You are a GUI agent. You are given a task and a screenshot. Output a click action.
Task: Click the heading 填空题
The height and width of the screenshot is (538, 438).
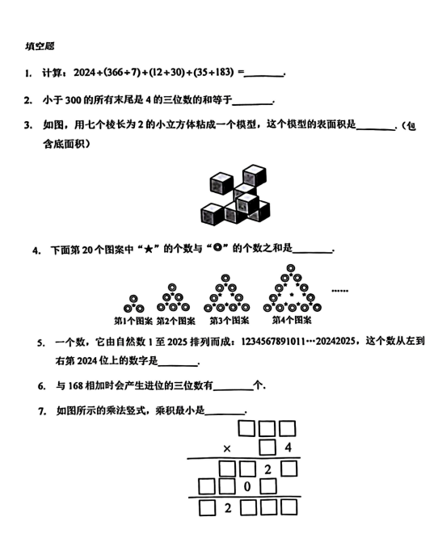pos(40,48)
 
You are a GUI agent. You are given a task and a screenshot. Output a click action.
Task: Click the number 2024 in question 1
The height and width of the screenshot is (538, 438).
pos(84,74)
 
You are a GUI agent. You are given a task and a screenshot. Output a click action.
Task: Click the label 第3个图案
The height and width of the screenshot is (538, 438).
pos(225,319)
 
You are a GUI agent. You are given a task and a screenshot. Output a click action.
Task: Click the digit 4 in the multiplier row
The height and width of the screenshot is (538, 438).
pos(288,446)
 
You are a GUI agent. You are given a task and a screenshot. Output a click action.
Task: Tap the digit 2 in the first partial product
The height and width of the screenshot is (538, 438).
pos(267,467)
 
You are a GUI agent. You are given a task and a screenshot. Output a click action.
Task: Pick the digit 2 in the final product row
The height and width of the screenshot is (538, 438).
pos(228,508)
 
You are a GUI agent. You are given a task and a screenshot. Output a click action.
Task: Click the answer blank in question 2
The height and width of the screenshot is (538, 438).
pos(252,102)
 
